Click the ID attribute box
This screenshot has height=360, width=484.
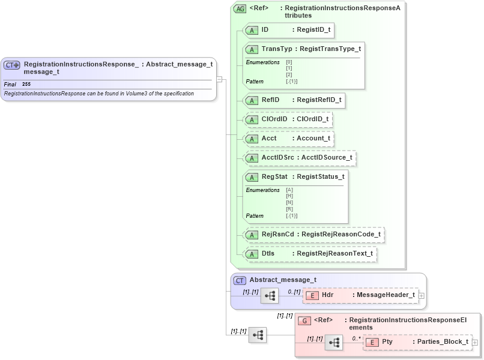pyautogui.click(x=288, y=29)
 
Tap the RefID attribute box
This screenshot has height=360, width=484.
pyautogui.click(x=294, y=100)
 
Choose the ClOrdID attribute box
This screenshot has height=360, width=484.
pyautogui.click(x=288, y=119)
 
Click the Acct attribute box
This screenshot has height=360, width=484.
pyautogui.click(x=288, y=139)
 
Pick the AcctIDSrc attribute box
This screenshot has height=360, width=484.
pyautogui.click(x=300, y=158)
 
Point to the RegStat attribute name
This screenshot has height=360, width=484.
pyautogui.click(x=274, y=176)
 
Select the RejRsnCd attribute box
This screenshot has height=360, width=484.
pyautogui.click(x=313, y=235)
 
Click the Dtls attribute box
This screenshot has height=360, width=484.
pyautogui.click(x=310, y=254)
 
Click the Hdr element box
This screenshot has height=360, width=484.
pyautogui.click(x=361, y=295)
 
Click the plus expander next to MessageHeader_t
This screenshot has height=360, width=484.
pyautogui.click(x=422, y=295)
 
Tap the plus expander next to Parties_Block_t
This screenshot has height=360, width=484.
pyautogui.click(x=475, y=342)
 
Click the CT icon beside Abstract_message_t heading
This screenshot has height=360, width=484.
pyautogui.click(x=240, y=280)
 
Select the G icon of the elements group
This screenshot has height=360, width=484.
pyautogui.click(x=304, y=321)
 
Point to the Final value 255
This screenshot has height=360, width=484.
pyautogui.click(x=26, y=85)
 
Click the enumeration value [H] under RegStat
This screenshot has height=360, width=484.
pyautogui.click(x=289, y=196)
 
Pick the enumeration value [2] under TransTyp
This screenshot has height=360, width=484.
pyautogui.click(x=289, y=74)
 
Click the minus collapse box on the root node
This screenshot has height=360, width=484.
pyautogui.click(x=220, y=79)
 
